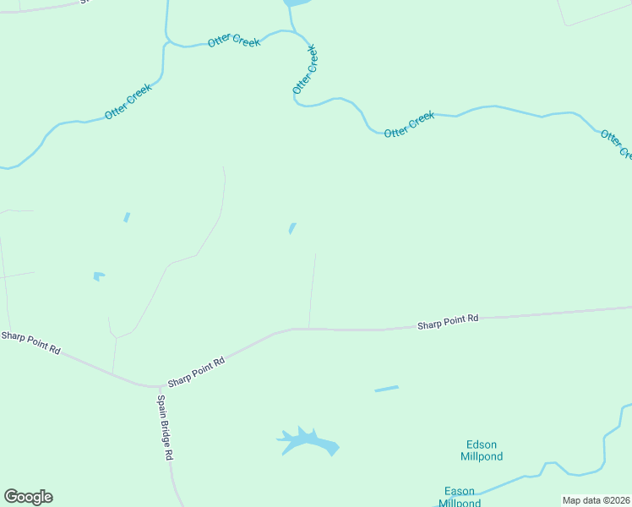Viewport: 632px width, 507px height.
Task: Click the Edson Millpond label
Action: pyautogui.click(x=482, y=450)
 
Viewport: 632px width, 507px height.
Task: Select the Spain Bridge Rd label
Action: pyautogui.click(x=165, y=427)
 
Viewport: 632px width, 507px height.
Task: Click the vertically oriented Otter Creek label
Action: pyautogui.click(x=305, y=69)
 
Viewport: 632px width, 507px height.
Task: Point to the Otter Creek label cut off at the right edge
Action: pyautogui.click(x=614, y=143)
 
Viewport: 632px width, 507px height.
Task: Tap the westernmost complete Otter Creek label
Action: pyautogui.click(x=128, y=101)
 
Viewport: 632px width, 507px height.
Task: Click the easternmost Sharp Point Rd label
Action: pyautogui.click(x=448, y=321)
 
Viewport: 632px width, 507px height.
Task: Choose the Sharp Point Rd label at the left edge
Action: pyautogui.click(x=30, y=342)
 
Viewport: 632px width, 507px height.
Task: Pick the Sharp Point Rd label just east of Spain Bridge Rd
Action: pyautogui.click(x=196, y=372)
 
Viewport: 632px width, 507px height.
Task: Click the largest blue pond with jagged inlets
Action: pyautogui.click(x=308, y=441)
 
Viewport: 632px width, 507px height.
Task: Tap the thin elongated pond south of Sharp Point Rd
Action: pyautogui.click(x=386, y=389)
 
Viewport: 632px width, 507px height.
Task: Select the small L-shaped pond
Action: pyautogui.click(x=98, y=275)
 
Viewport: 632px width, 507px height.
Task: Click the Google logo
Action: pyautogui.click(x=28, y=497)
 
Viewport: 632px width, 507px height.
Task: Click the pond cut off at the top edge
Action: pyautogui.click(x=297, y=3)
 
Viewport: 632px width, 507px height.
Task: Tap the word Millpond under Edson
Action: pyautogui.click(x=482, y=456)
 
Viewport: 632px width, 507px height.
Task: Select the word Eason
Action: pyautogui.click(x=460, y=491)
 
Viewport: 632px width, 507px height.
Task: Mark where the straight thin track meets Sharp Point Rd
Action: pyautogui.click(x=309, y=329)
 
